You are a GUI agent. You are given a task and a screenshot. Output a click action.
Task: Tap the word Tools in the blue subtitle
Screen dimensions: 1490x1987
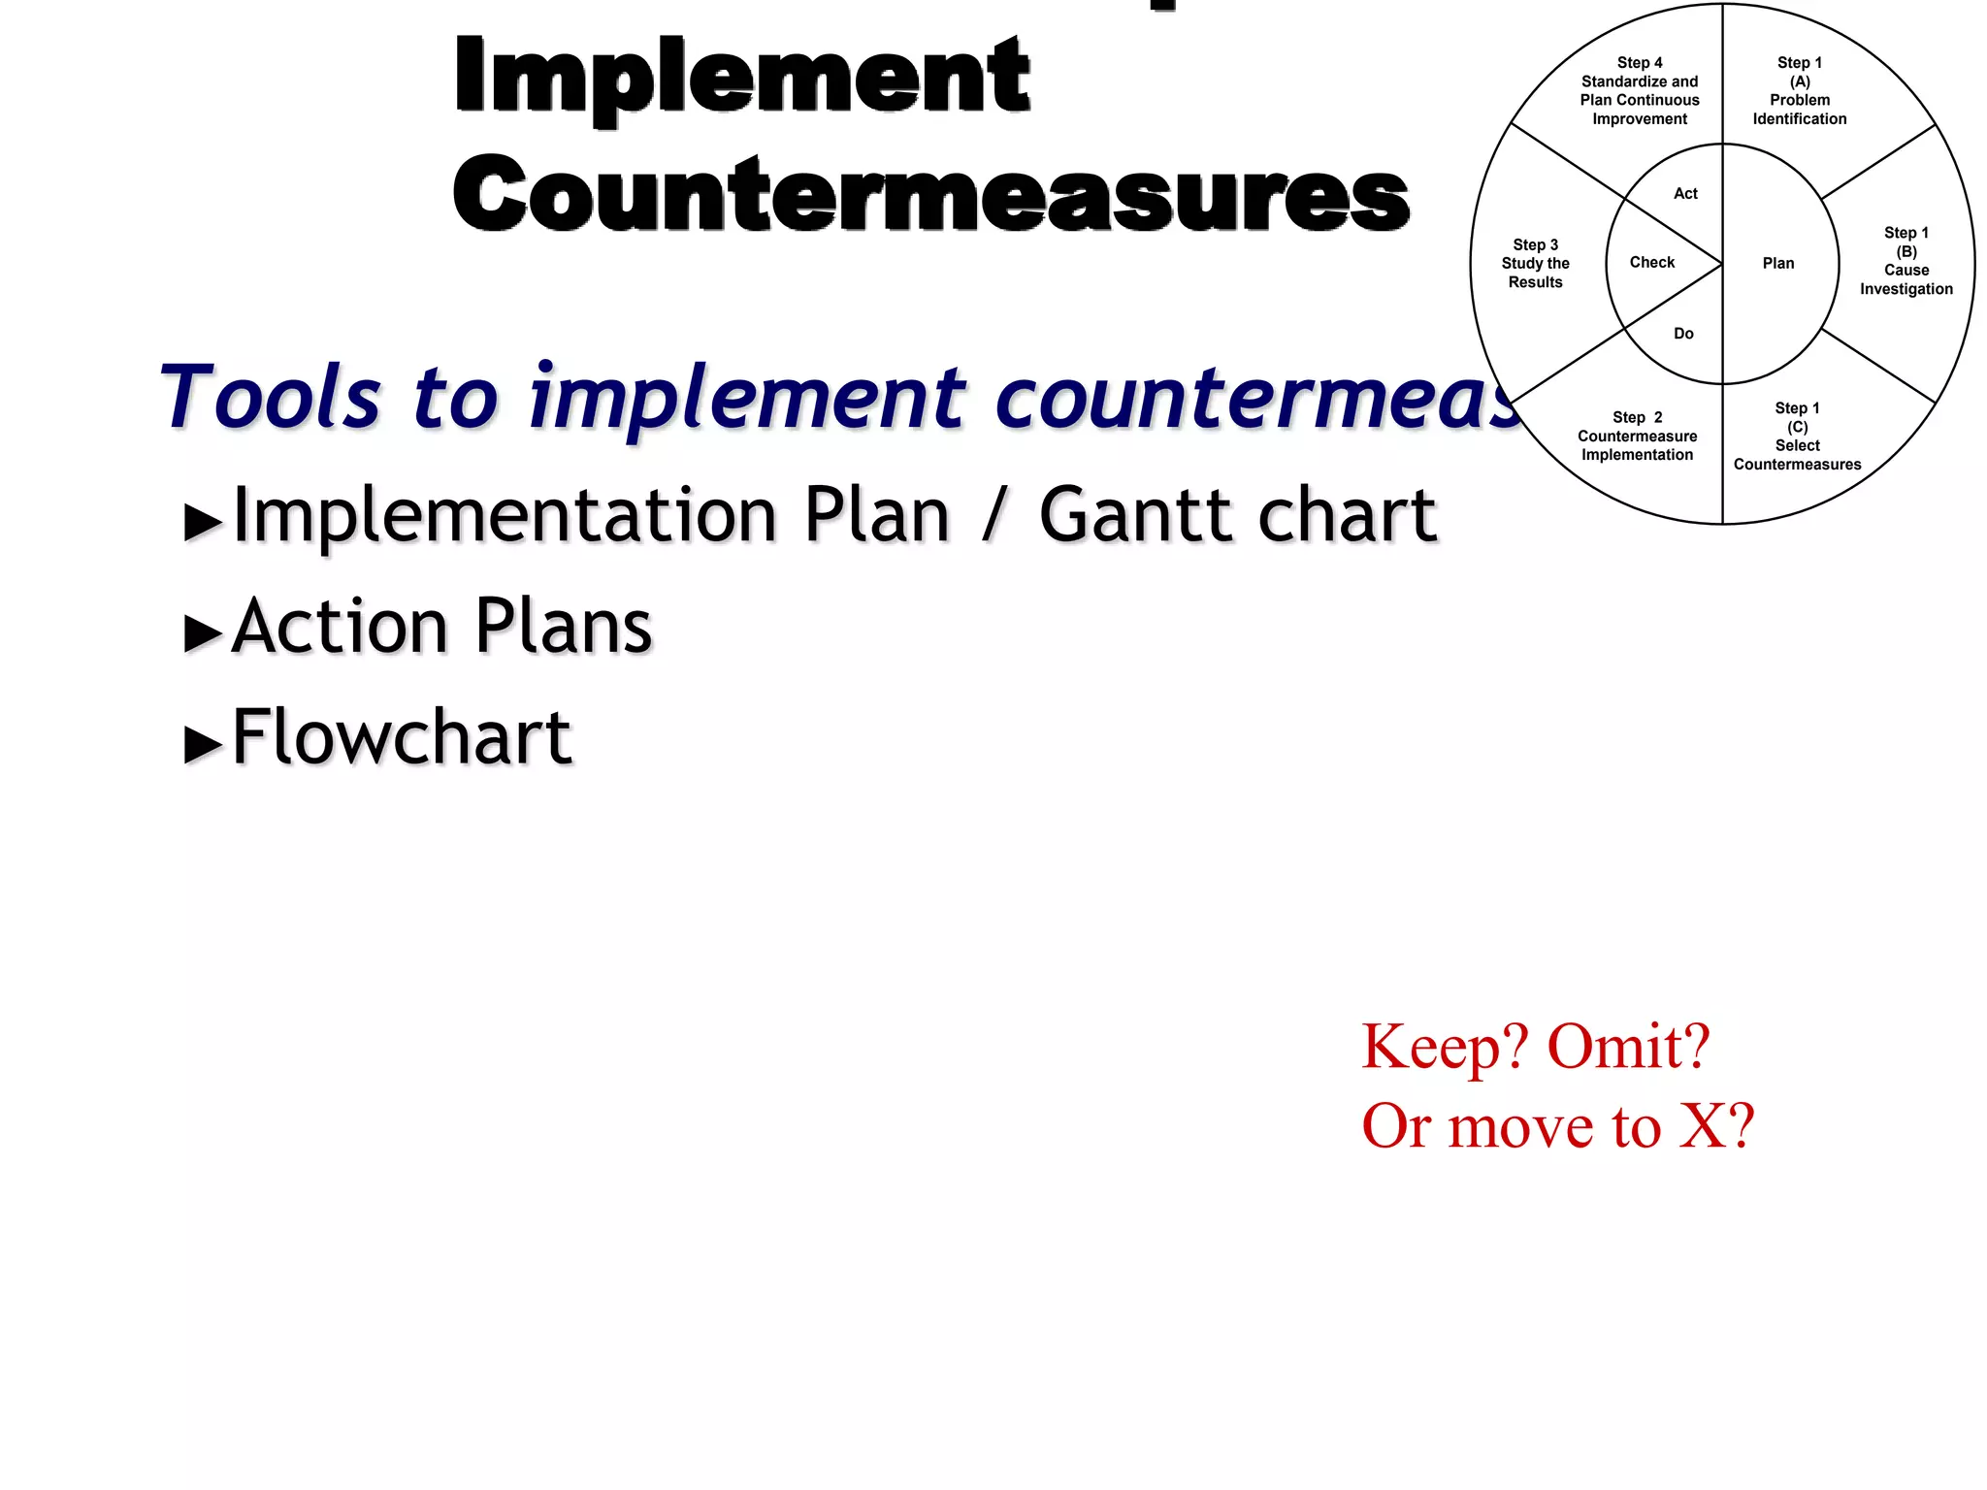[x=271, y=397]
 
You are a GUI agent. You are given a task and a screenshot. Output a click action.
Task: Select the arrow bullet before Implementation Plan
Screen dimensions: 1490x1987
[x=203, y=522]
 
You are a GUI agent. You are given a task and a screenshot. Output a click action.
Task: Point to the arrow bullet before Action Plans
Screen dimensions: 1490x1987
[x=203, y=633]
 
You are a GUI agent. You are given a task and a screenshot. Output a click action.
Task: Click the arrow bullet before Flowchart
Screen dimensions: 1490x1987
[x=203, y=744]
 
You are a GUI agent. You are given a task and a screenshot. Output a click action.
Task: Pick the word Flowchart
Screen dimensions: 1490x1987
[x=402, y=737]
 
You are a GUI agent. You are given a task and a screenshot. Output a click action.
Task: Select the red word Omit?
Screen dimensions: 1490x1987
[x=1628, y=1047]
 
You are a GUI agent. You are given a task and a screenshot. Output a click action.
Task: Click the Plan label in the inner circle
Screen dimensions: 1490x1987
[x=1778, y=263]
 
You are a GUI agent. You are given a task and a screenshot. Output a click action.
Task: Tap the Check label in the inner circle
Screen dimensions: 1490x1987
[x=1652, y=262]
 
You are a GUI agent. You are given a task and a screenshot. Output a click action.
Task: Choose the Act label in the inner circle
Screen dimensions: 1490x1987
[x=1685, y=194]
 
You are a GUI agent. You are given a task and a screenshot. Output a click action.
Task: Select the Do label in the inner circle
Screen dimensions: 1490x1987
[x=1683, y=334]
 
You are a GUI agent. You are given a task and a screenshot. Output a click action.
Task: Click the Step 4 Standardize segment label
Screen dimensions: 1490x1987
[x=1640, y=91]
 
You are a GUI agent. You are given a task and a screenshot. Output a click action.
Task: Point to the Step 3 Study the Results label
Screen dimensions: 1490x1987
[x=1535, y=264]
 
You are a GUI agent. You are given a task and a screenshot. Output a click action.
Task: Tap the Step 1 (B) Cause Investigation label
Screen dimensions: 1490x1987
[x=1906, y=261]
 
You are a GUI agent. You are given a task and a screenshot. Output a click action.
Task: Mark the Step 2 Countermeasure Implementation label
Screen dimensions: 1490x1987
[x=1637, y=437]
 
